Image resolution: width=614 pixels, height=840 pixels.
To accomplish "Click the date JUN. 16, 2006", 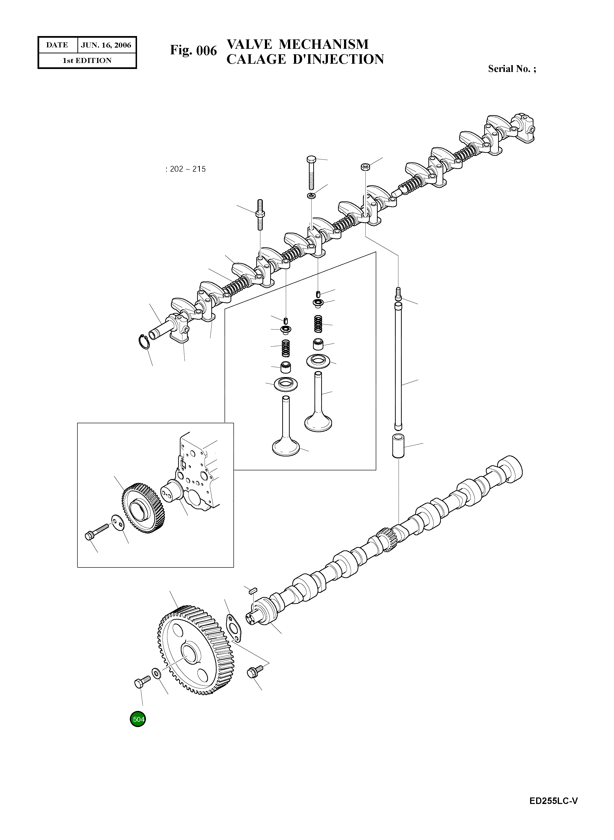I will click(106, 45).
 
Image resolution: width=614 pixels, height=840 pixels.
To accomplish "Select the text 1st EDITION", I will click(87, 61).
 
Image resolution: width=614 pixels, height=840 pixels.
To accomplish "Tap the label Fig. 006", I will click(193, 50).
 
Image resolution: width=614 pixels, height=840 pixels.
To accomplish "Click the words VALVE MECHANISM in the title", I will click(297, 44).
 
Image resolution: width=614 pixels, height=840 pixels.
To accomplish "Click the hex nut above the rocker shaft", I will click(365, 167).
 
